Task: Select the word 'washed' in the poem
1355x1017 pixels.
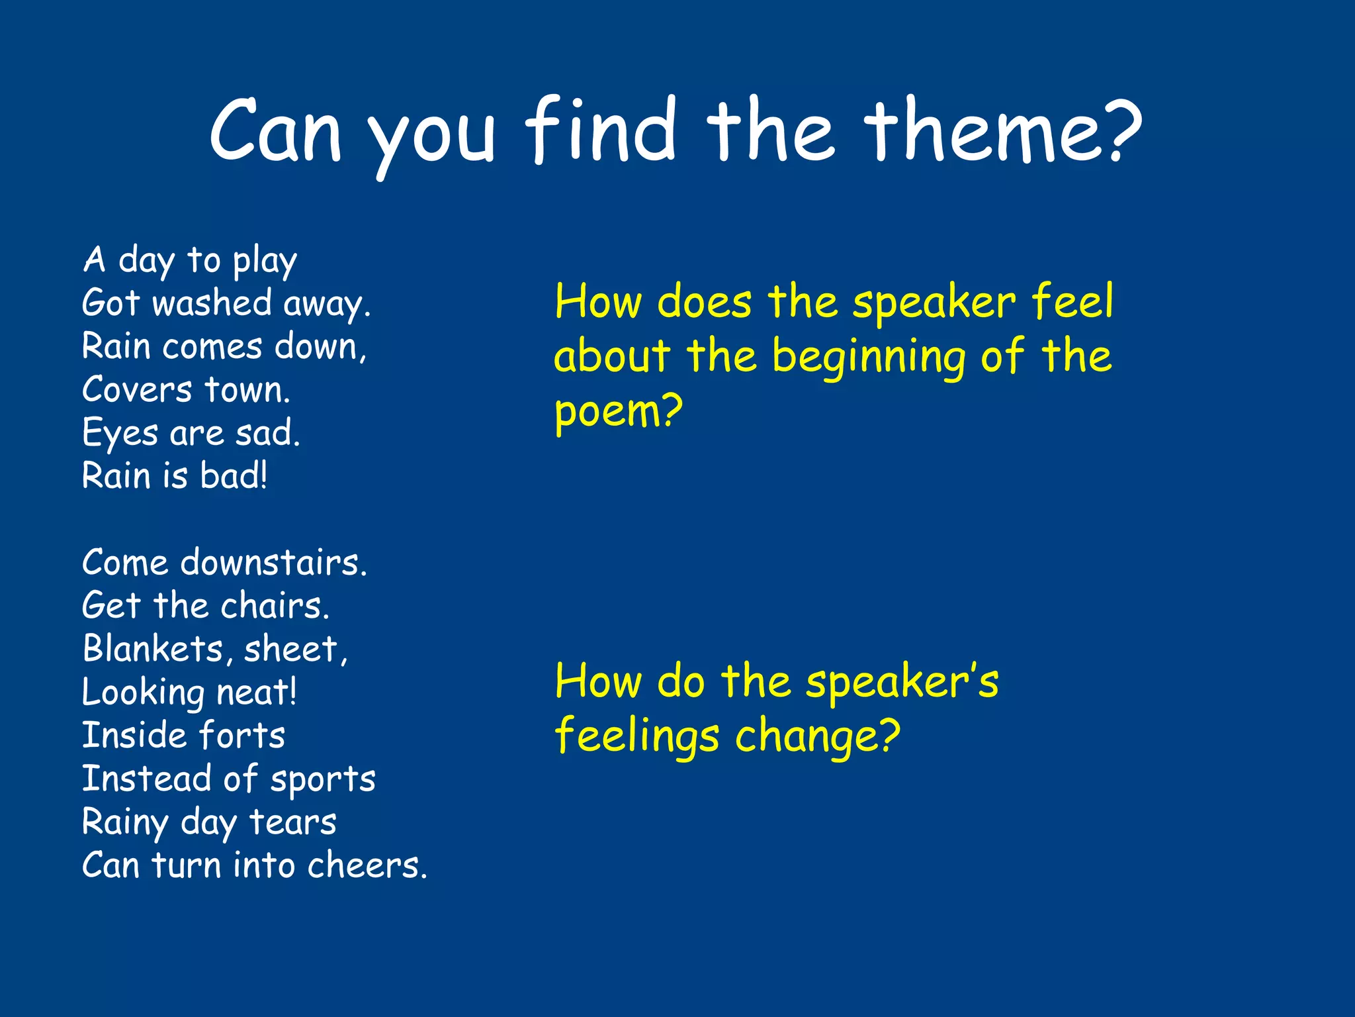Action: point(212,303)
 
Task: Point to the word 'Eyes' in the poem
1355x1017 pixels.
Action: point(120,434)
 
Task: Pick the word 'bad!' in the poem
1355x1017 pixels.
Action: point(234,476)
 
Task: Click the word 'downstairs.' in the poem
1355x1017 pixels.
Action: point(273,563)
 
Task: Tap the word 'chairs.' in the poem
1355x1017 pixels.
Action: point(275,606)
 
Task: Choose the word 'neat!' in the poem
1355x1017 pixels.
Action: point(257,693)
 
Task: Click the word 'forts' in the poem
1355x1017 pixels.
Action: point(241,736)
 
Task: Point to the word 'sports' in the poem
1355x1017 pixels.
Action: point(323,780)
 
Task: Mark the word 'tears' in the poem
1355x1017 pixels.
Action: point(292,822)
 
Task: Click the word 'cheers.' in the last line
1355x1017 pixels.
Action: point(367,865)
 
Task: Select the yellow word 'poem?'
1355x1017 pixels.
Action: point(618,412)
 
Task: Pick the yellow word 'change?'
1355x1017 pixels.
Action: point(818,736)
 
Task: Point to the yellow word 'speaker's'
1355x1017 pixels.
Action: point(902,681)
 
